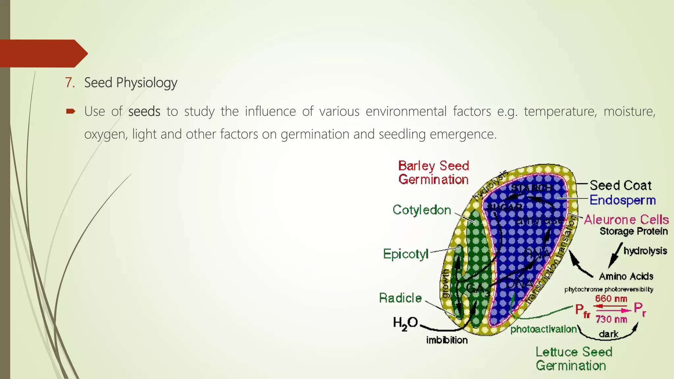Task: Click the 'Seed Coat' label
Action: click(x=620, y=186)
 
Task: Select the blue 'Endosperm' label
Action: click(x=622, y=200)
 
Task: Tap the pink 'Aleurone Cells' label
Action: click(x=626, y=219)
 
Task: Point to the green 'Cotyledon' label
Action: click(x=422, y=210)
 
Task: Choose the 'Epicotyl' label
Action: click(x=406, y=254)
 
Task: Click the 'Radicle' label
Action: click(x=400, y=298)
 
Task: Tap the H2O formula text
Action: click(x=405, y=323)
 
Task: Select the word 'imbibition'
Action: click(x=447, y=340)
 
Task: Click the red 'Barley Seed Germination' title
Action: click(x=433, y=173)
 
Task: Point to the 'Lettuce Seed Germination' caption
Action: click(x=574, y=359)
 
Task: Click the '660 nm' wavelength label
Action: click(x=611, y=299)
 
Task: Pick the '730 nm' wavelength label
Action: click(x=611, y=319)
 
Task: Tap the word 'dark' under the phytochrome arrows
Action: click(x=609, y=334)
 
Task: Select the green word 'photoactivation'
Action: click(x=543, y=329)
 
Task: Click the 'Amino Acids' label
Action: click(x=626, y=276)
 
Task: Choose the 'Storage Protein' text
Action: click(x=634, y=231)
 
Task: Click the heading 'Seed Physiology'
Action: click(x=131, y=83)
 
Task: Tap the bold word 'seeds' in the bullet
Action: click(x=144, y=112)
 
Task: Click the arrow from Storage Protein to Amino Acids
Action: click(x=615, y=255)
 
